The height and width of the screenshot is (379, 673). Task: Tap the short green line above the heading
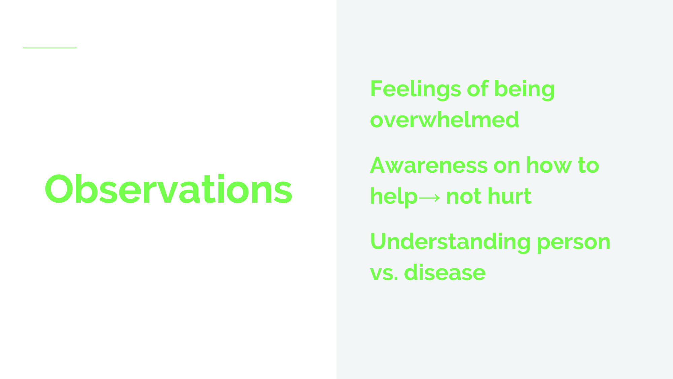(50, 48)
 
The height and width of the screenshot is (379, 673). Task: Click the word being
(524, 90)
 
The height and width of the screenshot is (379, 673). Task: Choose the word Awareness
(429, 165)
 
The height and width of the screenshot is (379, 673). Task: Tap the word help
(394, 197)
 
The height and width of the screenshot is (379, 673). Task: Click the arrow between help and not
(429, 197)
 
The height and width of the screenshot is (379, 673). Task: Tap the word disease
(445, 272)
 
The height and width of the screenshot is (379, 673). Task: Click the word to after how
(589, 166)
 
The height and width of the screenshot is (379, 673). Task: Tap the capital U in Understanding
(379, 242)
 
